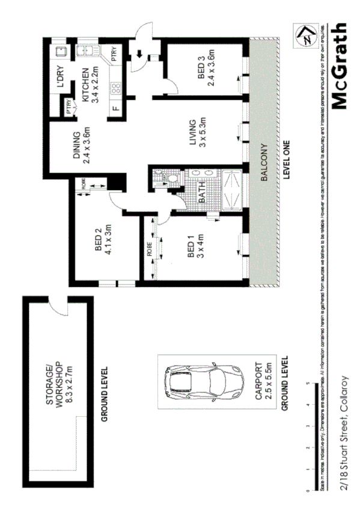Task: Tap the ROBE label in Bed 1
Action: coord(148,249)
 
